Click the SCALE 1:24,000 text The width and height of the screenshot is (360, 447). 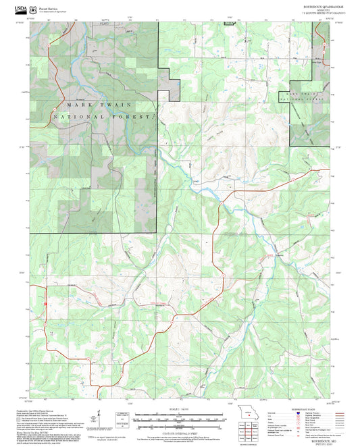pyautogui.click(x=174, y=411)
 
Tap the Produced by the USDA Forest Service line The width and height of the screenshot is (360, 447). pyautogui.click(x=51, y=410)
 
